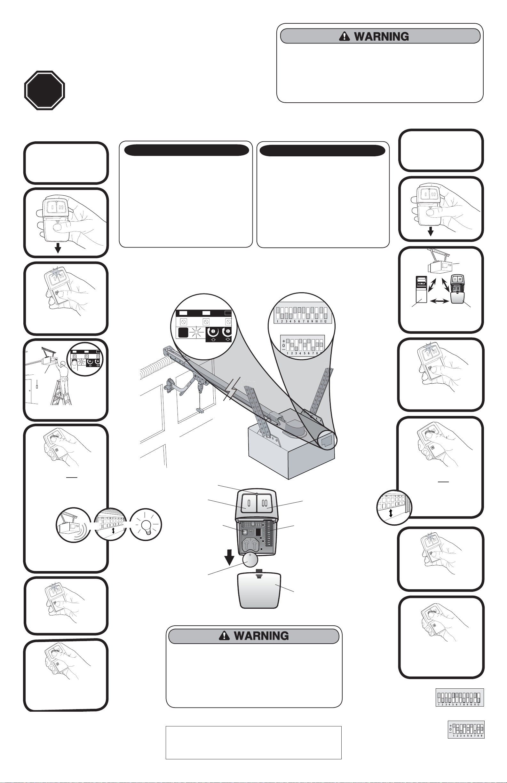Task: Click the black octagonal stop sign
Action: [44, 90]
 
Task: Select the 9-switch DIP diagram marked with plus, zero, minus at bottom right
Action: [466, 729]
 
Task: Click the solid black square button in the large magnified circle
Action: [183, 333]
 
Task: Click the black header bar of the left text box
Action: [186, 150]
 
